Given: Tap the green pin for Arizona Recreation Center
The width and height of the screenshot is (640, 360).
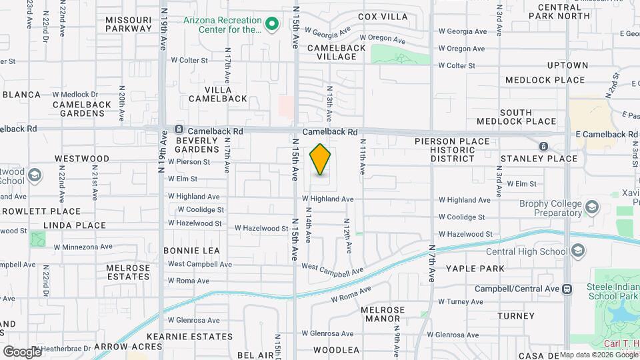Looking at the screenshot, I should point(271,25).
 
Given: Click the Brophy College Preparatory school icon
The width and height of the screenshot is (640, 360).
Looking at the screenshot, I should point(591,208).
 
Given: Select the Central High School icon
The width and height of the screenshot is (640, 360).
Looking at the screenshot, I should point(578,251).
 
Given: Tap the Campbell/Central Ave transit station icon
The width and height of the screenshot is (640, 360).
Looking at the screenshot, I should point(567,289).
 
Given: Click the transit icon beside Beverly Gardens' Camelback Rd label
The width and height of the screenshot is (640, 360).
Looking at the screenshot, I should point(179,129).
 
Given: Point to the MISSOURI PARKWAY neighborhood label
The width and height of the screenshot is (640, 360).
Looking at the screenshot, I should point(129,24).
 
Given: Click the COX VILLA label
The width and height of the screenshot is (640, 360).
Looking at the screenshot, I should point(382,17).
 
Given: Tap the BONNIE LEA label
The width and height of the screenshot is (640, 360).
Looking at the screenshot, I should point(191,251).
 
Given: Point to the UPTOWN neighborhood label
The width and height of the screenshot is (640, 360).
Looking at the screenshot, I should point(567,65).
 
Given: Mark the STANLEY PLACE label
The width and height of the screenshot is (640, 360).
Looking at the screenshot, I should point(548,159).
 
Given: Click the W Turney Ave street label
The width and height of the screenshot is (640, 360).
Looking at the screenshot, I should point(461,302).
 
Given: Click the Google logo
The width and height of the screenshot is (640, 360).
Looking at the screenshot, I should point(21,351).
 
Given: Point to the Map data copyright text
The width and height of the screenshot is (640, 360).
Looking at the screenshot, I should point(598,355).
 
